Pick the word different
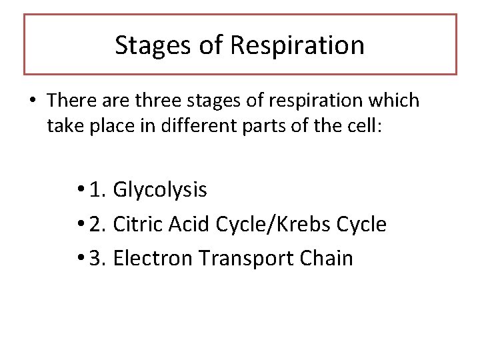click(x=191, y=125)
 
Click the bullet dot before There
click(x=33, y=101)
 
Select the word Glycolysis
click(x=160, y=190)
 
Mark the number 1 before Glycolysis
click(x=97, y=190)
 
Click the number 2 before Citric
click(x=97, y=225)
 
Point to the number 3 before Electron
click(x=97, y=258)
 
